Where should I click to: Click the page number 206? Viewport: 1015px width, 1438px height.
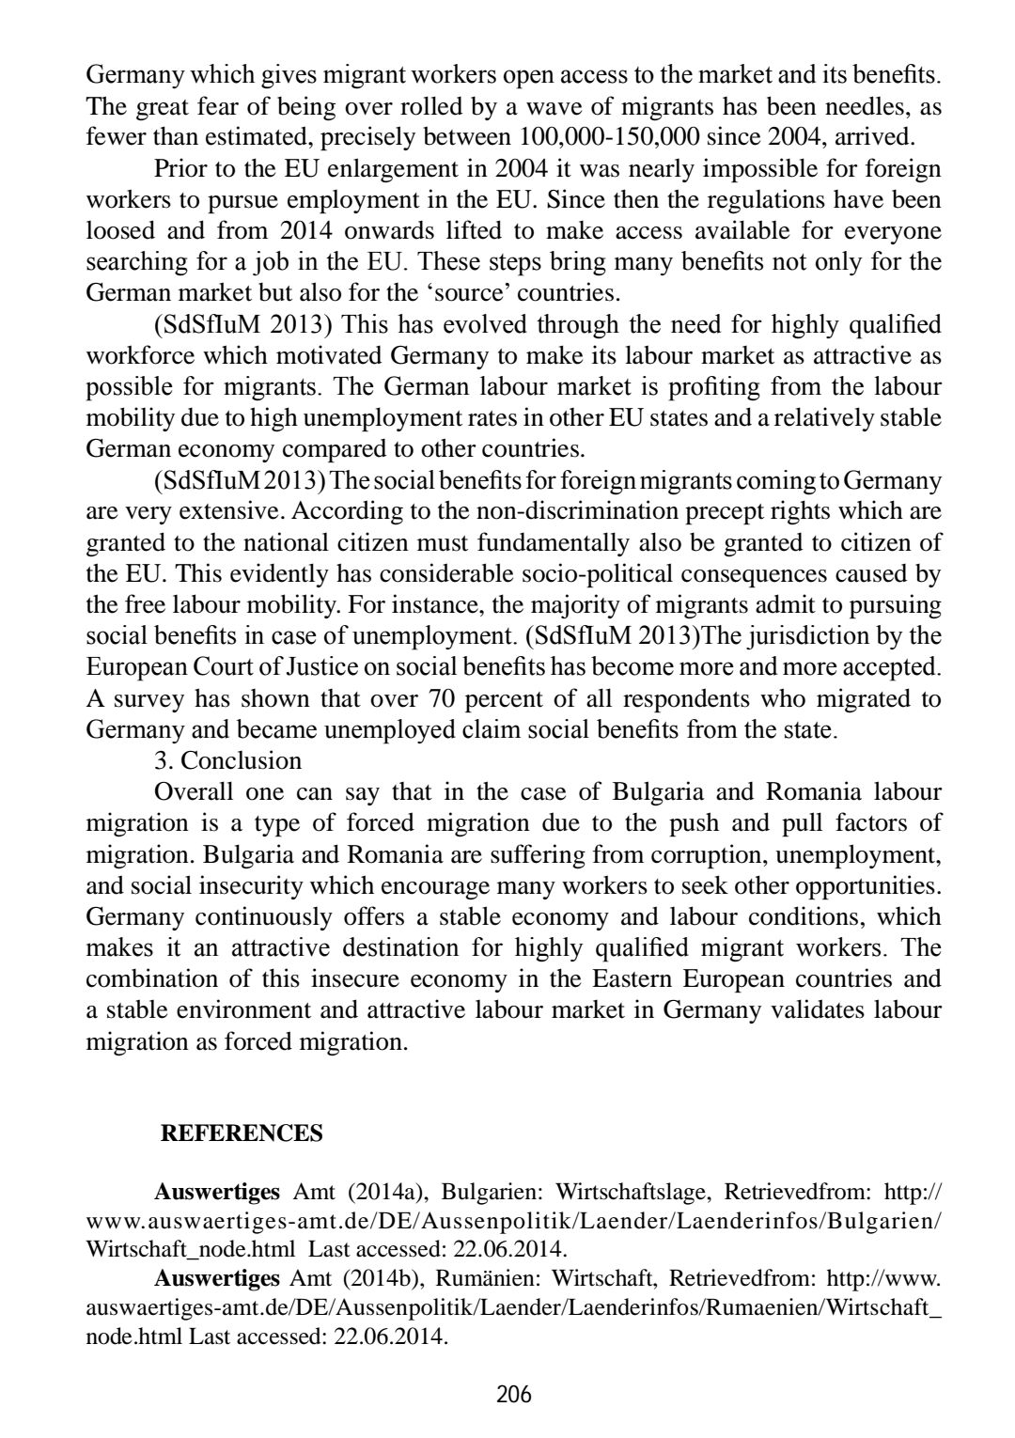point(514,1394)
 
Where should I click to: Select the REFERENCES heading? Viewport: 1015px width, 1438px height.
point(242,1133)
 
